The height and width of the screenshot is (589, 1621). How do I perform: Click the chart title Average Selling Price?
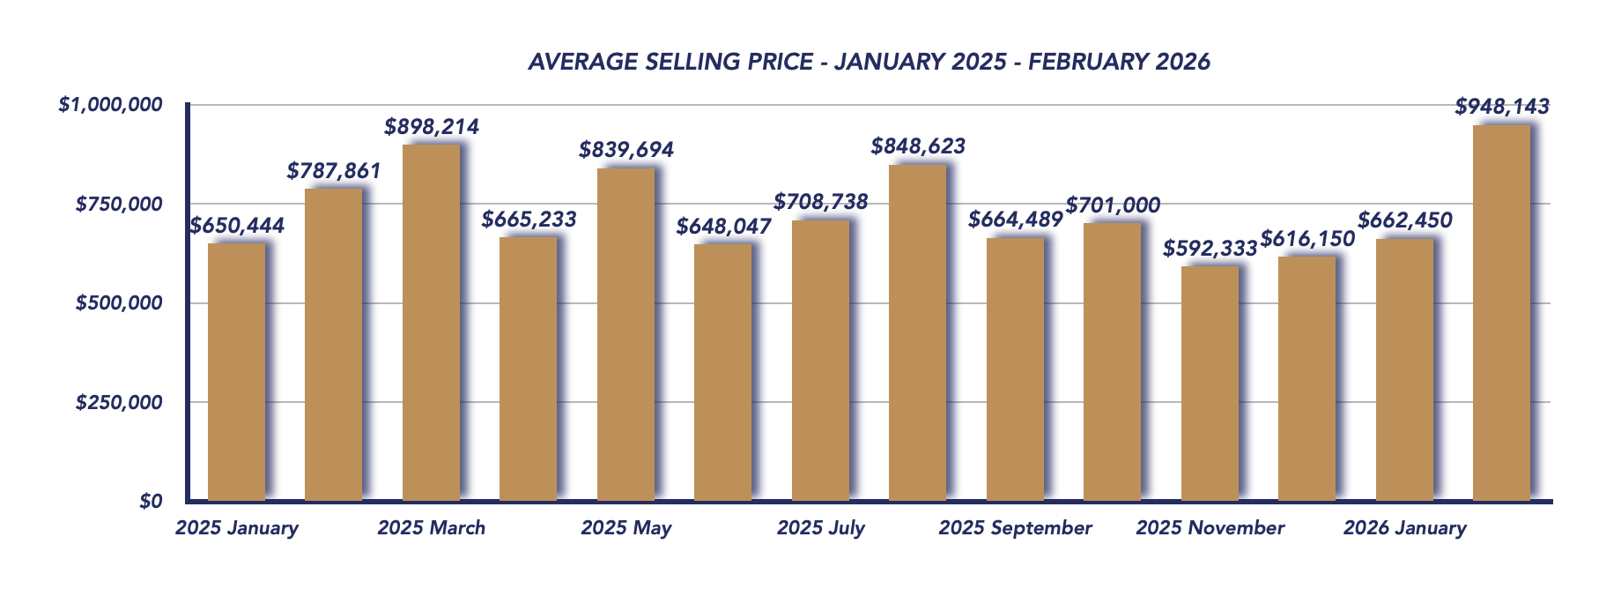click(869, 62)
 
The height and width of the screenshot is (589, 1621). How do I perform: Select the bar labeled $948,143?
click(1501, 313)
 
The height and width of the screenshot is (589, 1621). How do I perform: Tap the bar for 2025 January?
click(236, 372)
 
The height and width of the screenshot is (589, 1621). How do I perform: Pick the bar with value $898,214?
click(431, 323)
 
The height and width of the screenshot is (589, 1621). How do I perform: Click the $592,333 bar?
click(1210, 384)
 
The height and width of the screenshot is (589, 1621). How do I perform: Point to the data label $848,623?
click(918, 146)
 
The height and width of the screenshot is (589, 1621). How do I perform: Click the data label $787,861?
click(334, 171)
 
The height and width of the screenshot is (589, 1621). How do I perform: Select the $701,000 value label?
click(1113, 205)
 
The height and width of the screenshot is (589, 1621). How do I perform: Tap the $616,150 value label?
click(1307, 238)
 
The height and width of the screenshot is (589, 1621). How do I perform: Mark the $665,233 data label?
click(529, 220)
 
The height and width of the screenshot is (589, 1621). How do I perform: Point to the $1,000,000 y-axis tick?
click(111, 105)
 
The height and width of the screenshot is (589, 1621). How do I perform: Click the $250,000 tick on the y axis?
click(119, 403)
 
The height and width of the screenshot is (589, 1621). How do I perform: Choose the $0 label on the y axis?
click(151, 502)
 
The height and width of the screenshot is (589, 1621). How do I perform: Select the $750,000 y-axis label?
click(119, 205)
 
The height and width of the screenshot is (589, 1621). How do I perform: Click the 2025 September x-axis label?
click(1015, 528)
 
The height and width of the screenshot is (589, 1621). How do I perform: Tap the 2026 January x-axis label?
click(1404, 528)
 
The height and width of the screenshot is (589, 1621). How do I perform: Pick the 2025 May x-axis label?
click(625, 528)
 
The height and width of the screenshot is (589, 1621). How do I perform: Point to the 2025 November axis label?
click(1210, 528)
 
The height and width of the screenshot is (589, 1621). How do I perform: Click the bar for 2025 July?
click(820, 361)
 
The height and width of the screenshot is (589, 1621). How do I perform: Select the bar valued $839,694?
click(625, 335)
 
